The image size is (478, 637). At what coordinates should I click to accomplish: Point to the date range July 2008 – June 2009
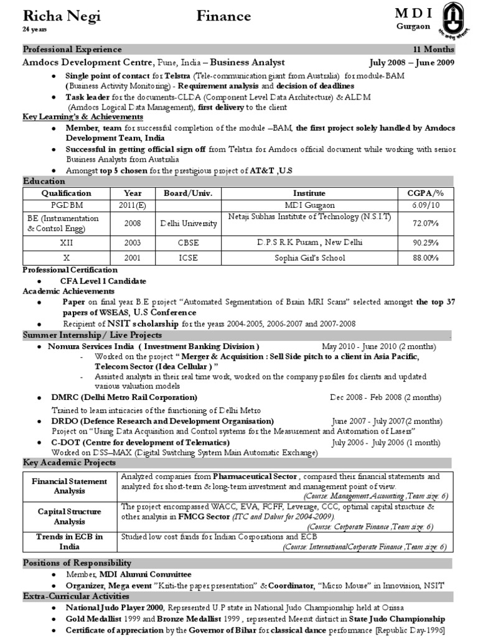coord(411,63)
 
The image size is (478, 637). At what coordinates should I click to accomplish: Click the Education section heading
coord(44,181)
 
